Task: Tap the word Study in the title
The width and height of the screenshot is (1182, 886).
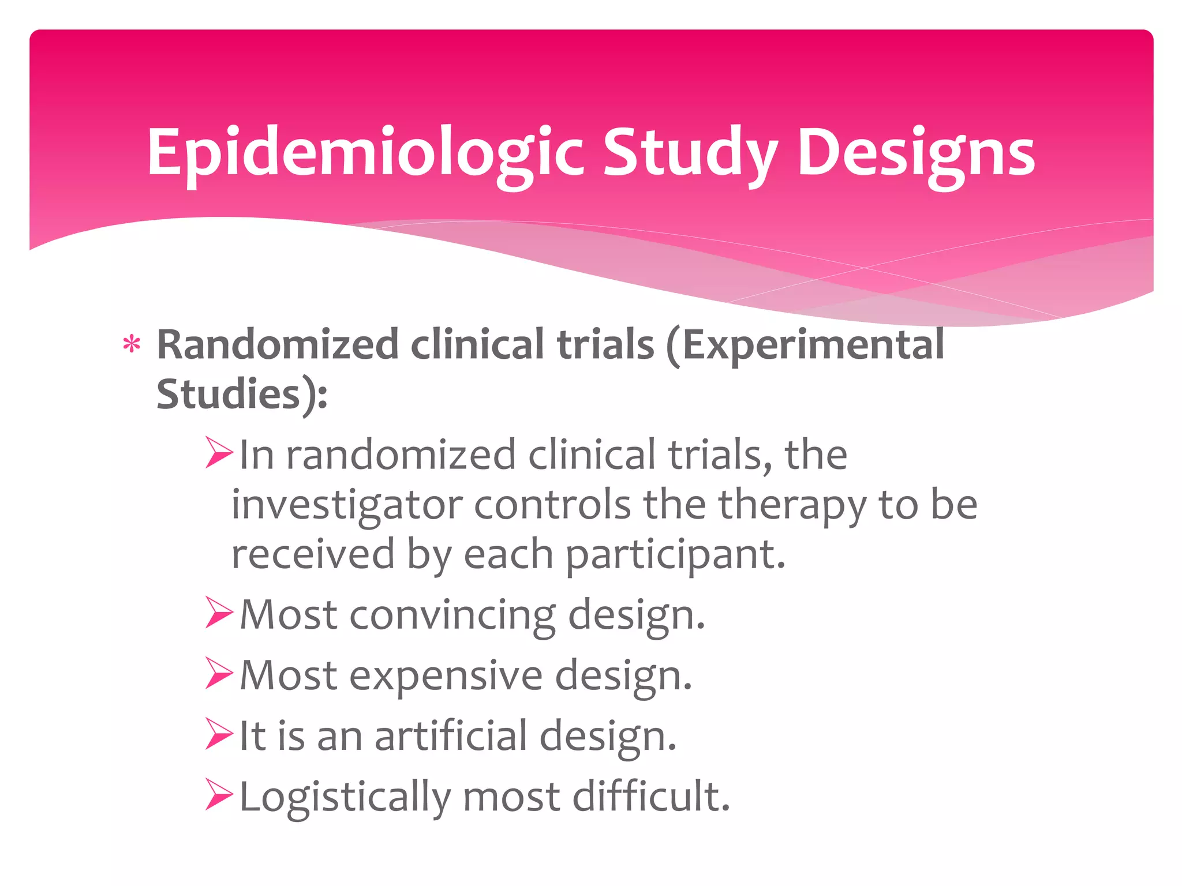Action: coord(690,153)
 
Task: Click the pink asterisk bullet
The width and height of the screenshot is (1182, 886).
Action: coord(132,345)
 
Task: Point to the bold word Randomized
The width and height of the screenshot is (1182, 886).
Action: coord(278,345)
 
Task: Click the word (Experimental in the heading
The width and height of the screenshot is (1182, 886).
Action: coord(805,345)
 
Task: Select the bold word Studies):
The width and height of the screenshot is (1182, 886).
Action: coord(242,395)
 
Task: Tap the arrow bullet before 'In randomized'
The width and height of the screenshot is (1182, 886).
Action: coord(219,453)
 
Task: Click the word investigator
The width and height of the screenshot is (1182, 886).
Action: coord(347,505)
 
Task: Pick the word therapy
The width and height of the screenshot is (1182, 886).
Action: coord(792,505)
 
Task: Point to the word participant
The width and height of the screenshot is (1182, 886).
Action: coord(675,554)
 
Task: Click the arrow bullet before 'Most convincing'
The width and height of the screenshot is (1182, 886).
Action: coord(219,613)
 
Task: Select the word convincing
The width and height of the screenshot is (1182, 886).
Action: coord(452,615)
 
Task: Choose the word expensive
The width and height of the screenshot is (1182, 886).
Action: coord(446,675)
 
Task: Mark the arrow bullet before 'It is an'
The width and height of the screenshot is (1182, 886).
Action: coord(219,734)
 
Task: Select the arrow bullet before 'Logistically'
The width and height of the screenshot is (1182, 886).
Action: coord(219,794)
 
